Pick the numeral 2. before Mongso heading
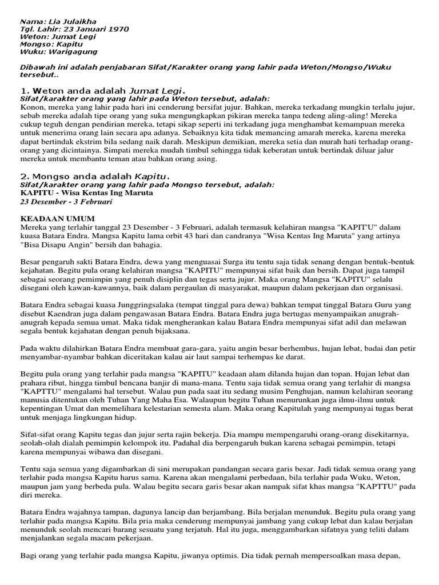[25, 176]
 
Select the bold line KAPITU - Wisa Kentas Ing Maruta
[86, 193]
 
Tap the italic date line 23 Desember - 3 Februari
[66, 202]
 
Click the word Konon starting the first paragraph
[31, 106]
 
